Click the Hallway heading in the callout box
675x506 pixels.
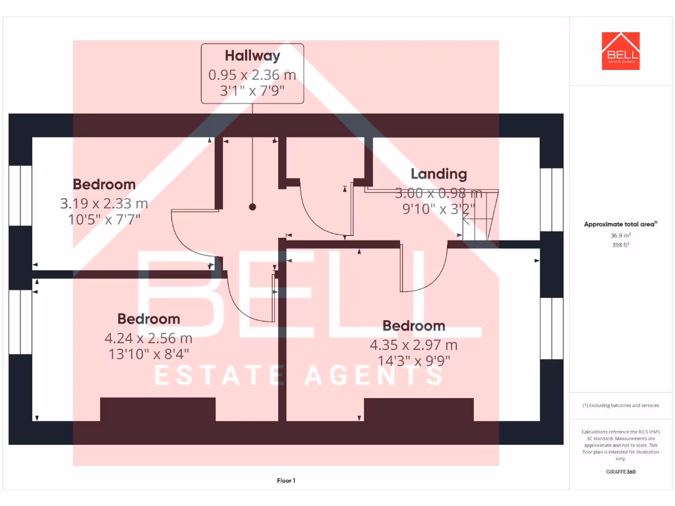tap(252, 56)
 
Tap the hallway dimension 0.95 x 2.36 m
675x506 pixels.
tap(252, 75)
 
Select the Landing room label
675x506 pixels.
tap(438, 174)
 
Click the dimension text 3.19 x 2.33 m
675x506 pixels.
tap(104, 204)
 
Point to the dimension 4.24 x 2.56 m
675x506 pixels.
tap(148, 339)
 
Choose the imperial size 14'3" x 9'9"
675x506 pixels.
tap(413, 360)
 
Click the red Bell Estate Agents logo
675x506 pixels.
tap(620, 51)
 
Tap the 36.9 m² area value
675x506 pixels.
tap(620, 235)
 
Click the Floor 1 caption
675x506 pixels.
tap(286, 481)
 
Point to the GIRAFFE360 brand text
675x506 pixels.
tap(620, 472)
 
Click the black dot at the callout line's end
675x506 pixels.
tap(252, 207)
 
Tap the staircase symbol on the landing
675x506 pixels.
tap(480, 215)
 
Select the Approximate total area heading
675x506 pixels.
tap(620, 224)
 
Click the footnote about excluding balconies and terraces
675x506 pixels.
tap(620, 405)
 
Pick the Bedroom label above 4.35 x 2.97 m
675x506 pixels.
tap(413, 325)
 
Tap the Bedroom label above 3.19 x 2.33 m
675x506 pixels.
tap(104, 184)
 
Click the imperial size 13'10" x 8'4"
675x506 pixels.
tap(148, 354)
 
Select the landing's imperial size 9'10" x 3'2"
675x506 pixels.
tap(438, 208)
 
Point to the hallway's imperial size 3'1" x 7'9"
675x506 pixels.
tap(252, 90)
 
